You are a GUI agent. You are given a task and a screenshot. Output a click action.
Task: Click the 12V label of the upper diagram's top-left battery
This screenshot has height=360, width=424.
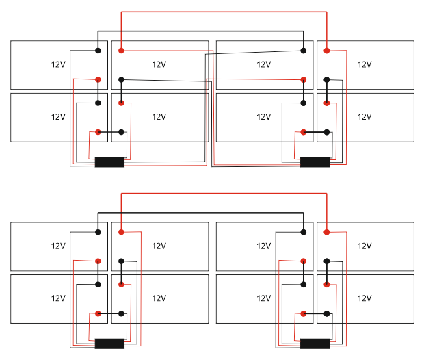(x=58, y=64)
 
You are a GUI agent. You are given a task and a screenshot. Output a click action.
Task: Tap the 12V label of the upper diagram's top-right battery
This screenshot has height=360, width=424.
(x=365, y=64)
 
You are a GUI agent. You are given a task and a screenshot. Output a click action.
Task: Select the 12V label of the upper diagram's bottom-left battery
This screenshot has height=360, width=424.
(x=58, y=117)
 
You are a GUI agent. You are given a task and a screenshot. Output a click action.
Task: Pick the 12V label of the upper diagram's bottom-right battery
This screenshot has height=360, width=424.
(x=365, y=117)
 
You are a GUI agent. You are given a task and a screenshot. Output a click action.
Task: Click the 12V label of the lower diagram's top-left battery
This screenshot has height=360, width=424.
(x=58, y=246)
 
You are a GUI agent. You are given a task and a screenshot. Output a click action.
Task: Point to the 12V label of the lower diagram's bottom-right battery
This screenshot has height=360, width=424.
(x=365, y=298)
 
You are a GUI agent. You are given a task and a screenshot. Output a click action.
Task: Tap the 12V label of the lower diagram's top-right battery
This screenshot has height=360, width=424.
(x=365, y=246)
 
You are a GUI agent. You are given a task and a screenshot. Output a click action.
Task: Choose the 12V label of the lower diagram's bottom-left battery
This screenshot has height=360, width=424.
(x=58, y=298)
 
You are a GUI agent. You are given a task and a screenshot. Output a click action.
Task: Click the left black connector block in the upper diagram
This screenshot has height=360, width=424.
(x=109, y=162)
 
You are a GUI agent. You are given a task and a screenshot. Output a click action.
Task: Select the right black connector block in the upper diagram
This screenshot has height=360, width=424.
(x=315, y=162)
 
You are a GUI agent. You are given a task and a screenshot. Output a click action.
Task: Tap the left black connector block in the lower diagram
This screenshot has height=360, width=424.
(x=109, y=344)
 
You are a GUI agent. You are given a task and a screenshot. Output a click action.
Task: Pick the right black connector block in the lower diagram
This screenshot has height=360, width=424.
(x=315, y=344)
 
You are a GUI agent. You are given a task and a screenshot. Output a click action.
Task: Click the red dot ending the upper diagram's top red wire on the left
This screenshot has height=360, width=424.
(x=121, y=51)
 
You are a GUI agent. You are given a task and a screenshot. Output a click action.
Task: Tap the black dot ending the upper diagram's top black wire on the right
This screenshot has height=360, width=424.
(x=304, y=51)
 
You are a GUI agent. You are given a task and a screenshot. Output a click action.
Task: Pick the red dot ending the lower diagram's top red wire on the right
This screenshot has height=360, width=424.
(x=327, y=233)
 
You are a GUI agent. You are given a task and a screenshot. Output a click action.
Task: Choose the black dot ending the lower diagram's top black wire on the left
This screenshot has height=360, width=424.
(x=98, y=233)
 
